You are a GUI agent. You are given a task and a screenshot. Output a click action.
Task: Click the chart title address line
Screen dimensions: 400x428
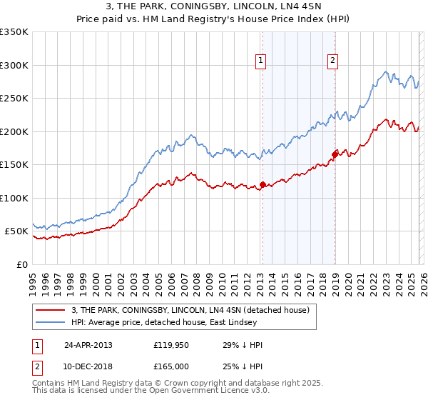[214, 7]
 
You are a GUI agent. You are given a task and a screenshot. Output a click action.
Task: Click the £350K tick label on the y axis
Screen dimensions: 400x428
[14, 32]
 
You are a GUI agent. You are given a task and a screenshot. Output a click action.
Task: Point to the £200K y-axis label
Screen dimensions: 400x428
[14, 131]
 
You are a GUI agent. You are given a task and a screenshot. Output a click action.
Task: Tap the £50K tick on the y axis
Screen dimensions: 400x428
[16, 231]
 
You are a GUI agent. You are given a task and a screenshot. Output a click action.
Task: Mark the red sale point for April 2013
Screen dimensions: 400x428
[263, 185]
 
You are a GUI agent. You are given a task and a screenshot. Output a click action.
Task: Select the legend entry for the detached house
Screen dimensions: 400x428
[190, 310]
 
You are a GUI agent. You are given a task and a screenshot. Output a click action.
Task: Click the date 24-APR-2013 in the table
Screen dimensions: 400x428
[88, 344]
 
